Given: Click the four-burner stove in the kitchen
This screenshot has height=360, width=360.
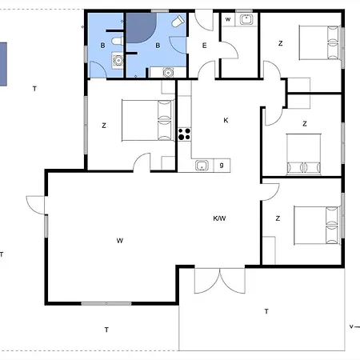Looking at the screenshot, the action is [x=184, y=134].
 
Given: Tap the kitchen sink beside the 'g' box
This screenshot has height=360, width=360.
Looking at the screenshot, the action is [x=202, y=166].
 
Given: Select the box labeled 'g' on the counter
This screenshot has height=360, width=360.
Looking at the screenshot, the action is [x=222, y=166].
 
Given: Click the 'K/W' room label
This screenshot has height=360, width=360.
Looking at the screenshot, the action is [x=219, y=218].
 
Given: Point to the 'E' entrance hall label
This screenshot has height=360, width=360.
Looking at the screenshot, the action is [x=204, y=46].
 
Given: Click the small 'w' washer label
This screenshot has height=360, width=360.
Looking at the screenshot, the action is [x=228, y=19].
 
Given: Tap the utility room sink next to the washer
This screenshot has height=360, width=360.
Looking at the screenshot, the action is [x=246, y=19].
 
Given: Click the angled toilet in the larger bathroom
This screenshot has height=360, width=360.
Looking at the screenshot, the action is [x=178, y=21].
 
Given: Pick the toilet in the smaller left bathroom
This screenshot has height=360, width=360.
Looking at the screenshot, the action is [x=117, y=41].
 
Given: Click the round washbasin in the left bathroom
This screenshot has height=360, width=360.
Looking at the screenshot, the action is [x=118, y=61].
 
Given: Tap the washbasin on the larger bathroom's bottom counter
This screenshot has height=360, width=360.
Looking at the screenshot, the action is [x=168, y=72].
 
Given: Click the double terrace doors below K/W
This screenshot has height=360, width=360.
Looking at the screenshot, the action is [x=220, y=280].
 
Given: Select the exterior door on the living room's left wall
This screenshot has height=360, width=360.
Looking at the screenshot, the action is [x=35, y=205].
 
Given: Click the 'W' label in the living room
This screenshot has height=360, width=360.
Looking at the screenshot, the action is [x=120, y=241].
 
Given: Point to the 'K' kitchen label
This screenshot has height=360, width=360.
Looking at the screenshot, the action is [x=226, y=121].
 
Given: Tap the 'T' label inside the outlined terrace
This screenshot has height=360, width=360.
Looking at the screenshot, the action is [x=266, y=311].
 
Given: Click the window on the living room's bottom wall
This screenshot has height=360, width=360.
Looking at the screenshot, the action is [x=106, y=303].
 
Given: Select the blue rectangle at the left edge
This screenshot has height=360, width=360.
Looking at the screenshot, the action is [x=3, y=64].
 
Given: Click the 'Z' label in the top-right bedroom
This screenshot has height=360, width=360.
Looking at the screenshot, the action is [x=280, y=43].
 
